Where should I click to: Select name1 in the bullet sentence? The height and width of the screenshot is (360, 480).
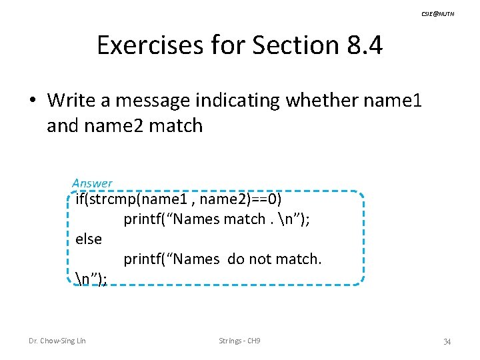point(395,101)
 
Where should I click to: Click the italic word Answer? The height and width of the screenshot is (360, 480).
point(93,183)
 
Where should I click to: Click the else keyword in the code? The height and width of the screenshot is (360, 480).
point(89,239)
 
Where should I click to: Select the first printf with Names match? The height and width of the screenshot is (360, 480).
point(145,219)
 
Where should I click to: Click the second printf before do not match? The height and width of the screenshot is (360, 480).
point(145,259)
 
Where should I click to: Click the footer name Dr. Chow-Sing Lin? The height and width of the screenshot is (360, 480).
point(57,341)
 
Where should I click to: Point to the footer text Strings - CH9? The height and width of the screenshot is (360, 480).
point(240,341)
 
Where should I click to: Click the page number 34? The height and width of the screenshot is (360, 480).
point(447,342)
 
